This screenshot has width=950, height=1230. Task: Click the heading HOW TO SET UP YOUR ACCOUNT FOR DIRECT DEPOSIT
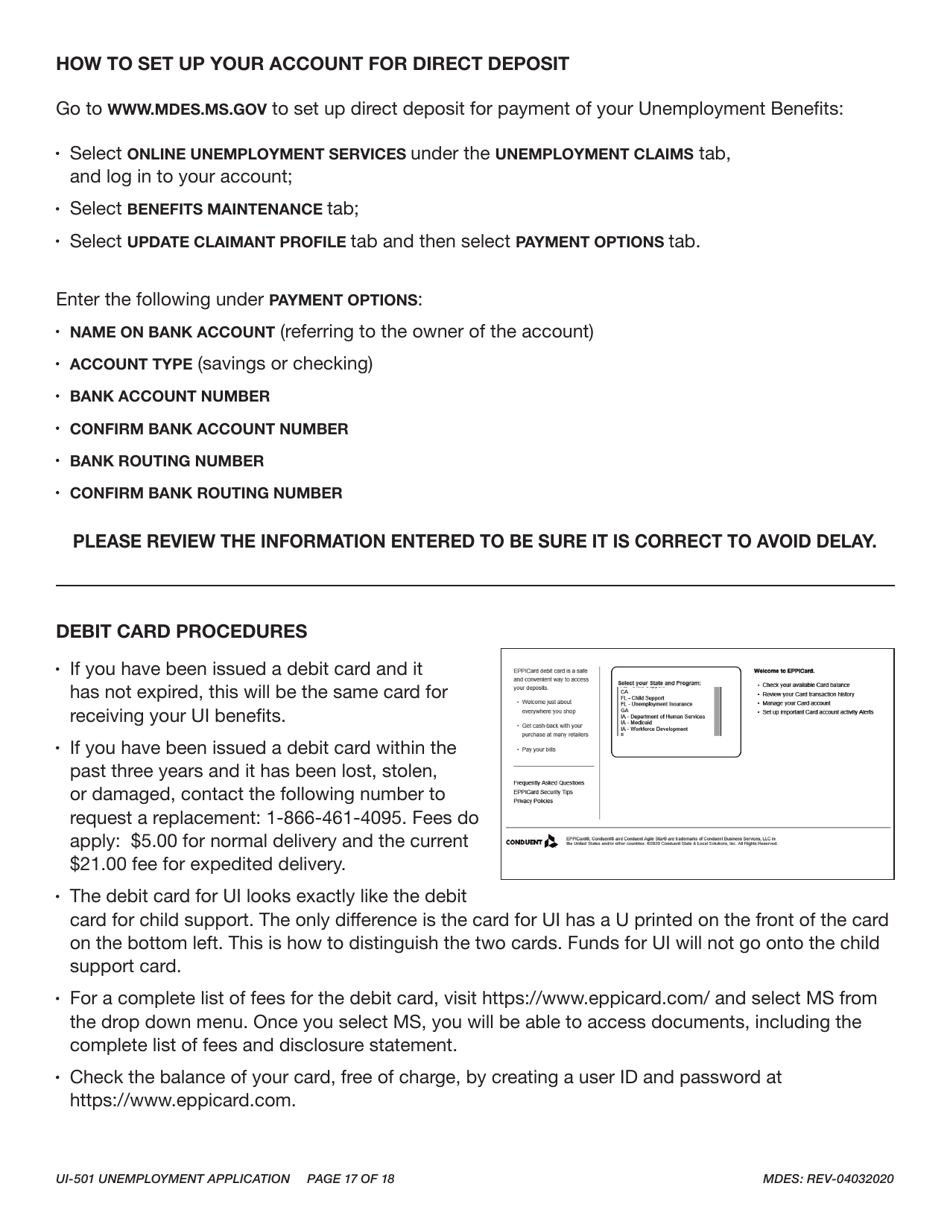[312, 64]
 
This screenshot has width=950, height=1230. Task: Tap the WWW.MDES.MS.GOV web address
[187, 109]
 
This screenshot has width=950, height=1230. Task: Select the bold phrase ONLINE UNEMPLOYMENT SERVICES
[267, 154]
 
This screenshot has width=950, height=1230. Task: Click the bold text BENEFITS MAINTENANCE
[225, 209]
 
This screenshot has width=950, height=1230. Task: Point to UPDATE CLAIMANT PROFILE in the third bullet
[237, 242]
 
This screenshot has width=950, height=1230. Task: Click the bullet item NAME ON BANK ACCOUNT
[172, 332]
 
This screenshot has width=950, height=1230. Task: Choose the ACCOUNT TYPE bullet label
[131, 364]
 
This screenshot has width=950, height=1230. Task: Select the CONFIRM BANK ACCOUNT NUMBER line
[209, 429]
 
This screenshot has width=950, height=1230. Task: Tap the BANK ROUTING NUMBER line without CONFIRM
[167, 461]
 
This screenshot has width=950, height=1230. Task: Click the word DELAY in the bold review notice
[843, 542]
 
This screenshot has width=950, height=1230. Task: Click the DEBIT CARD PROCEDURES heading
[181, 632]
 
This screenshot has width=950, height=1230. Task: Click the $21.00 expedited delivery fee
[102, 864]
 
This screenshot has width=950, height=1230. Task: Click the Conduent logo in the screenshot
[532, 842]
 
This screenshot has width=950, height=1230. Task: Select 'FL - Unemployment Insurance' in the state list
[656, 704]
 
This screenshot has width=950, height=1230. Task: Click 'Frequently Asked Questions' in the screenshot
[548, 783]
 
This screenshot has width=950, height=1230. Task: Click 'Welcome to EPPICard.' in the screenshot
[784, 670]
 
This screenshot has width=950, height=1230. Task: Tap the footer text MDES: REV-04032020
[827, 1179]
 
